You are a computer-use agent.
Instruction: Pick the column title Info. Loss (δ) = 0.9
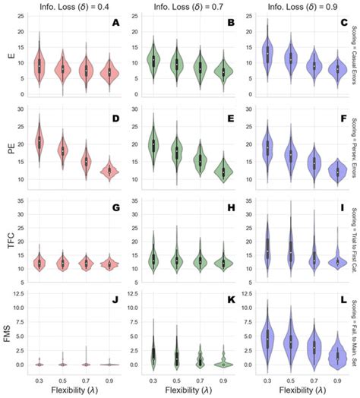click(x=296, y=6)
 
